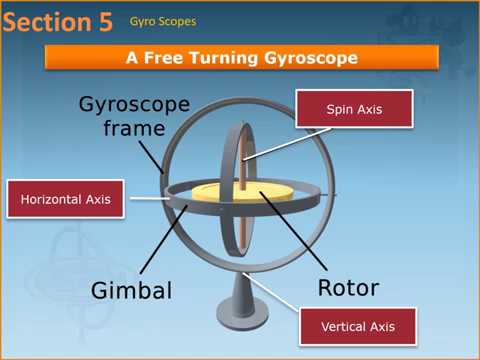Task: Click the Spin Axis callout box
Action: click(x=355, y=109)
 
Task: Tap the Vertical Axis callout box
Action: click(x=356, y=326)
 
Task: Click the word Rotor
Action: click(x=348, y=289)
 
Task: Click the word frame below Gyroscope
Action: click(x=134, y=129)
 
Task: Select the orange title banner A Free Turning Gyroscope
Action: click(x=241, y=58)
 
